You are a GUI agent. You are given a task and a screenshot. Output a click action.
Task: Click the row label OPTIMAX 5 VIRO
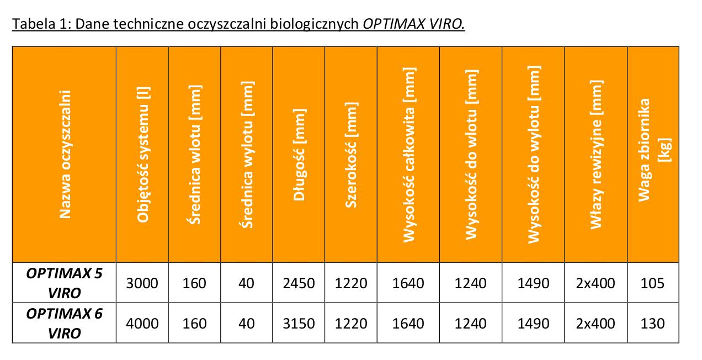click(x=65, y=283)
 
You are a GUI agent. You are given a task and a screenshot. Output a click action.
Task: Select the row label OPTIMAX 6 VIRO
click(x=65, y=323)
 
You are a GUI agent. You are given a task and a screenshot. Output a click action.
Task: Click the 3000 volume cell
click(x=142, y=283)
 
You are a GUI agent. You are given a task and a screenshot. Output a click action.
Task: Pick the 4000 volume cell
click(x=142, y=324)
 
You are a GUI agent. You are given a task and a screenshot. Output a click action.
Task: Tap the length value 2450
click(x=299, y=283)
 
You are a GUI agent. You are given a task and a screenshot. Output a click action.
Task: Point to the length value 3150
click(x=299, y=324)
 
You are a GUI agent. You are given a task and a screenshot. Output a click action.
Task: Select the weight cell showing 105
click(x=653, y=283)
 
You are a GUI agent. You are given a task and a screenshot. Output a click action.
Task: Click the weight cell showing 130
click(x=653, y=324)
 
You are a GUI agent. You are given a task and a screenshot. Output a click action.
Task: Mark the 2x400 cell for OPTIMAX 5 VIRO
click(x=595, y=283)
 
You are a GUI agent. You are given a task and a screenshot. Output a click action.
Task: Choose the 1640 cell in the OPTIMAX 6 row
click(x=408, y=324)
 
